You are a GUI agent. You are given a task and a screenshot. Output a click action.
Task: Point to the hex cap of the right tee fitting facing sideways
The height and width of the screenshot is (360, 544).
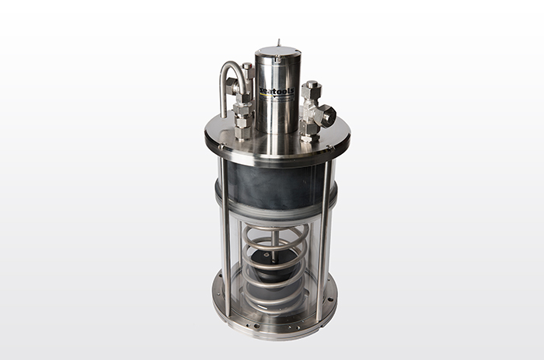(328, 116)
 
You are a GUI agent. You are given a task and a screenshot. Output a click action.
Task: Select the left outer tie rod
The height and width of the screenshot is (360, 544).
(225, 233)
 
